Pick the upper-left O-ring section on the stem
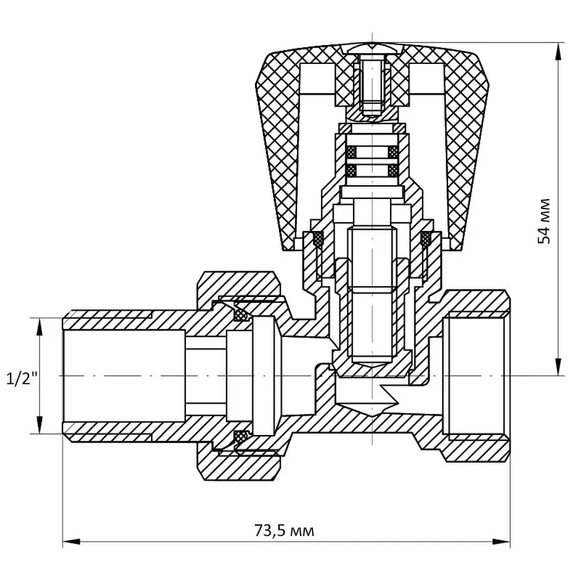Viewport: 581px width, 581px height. (352, 152)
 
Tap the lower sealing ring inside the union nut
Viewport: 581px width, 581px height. (243, 436)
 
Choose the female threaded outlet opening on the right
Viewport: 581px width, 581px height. (476, 375)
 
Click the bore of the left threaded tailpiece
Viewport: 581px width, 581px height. (123, 375)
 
